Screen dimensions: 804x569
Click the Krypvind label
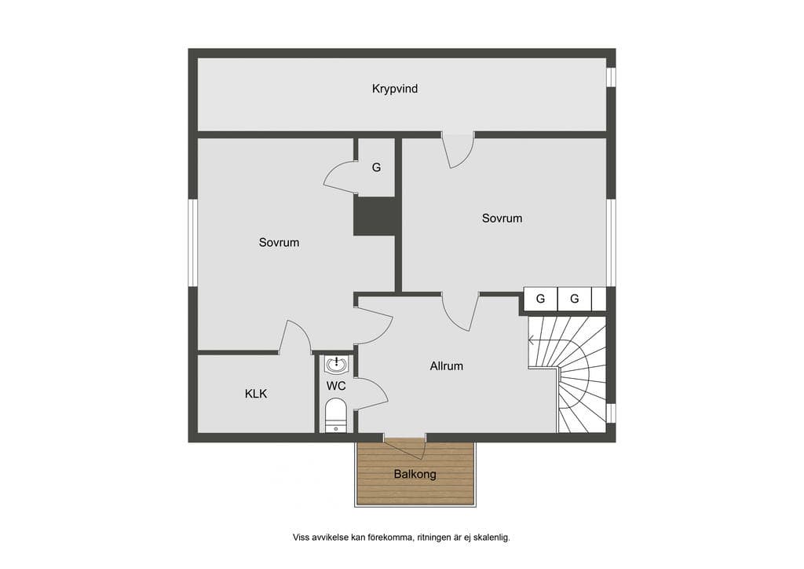394,89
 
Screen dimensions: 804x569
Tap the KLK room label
256,394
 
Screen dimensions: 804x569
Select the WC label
336,385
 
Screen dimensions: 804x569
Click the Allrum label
446,365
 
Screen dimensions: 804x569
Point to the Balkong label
415,474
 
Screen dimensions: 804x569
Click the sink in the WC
336,365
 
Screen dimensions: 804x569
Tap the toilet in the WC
336,415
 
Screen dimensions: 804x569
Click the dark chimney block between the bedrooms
376,216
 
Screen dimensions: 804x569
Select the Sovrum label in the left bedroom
279,242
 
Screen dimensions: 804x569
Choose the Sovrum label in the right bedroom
502,218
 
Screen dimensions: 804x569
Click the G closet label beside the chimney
376,167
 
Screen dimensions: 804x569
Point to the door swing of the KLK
296,336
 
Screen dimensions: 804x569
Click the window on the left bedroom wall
193,243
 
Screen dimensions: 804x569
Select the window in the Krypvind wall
611,77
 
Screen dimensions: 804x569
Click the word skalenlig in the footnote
492,538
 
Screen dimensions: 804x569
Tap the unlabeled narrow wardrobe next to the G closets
599,299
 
